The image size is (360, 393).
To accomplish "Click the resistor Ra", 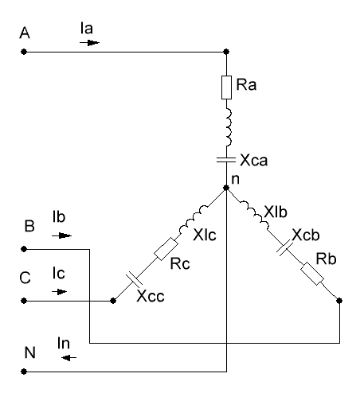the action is (226, 88).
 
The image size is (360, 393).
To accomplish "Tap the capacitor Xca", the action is (226, 160).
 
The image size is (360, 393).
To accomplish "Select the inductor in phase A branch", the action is (229, 127).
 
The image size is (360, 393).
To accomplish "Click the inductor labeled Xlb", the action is (255, 215).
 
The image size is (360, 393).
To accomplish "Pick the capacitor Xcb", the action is (285, 247).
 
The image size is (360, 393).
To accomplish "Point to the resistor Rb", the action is (312, 274).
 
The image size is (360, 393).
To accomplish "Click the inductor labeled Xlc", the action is (194, 219).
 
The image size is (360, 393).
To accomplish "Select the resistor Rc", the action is (166, 249).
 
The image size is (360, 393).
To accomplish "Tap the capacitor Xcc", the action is (134, 279).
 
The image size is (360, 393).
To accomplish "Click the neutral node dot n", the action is (226, 188).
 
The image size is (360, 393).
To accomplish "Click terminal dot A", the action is (24, 52).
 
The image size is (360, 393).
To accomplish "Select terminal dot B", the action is (24, 249).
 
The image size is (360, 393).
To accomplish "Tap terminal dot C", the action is (24, 301).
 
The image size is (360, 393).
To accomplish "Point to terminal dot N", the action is (24, 372).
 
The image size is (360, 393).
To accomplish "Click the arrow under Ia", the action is (89, 42).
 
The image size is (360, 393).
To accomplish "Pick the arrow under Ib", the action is (61, 235).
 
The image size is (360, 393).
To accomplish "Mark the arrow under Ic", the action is (59, 292).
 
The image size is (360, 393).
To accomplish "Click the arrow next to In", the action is (68, 358).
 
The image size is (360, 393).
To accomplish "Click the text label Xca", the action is (254, 160).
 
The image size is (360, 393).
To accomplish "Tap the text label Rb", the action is (327, 259).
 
